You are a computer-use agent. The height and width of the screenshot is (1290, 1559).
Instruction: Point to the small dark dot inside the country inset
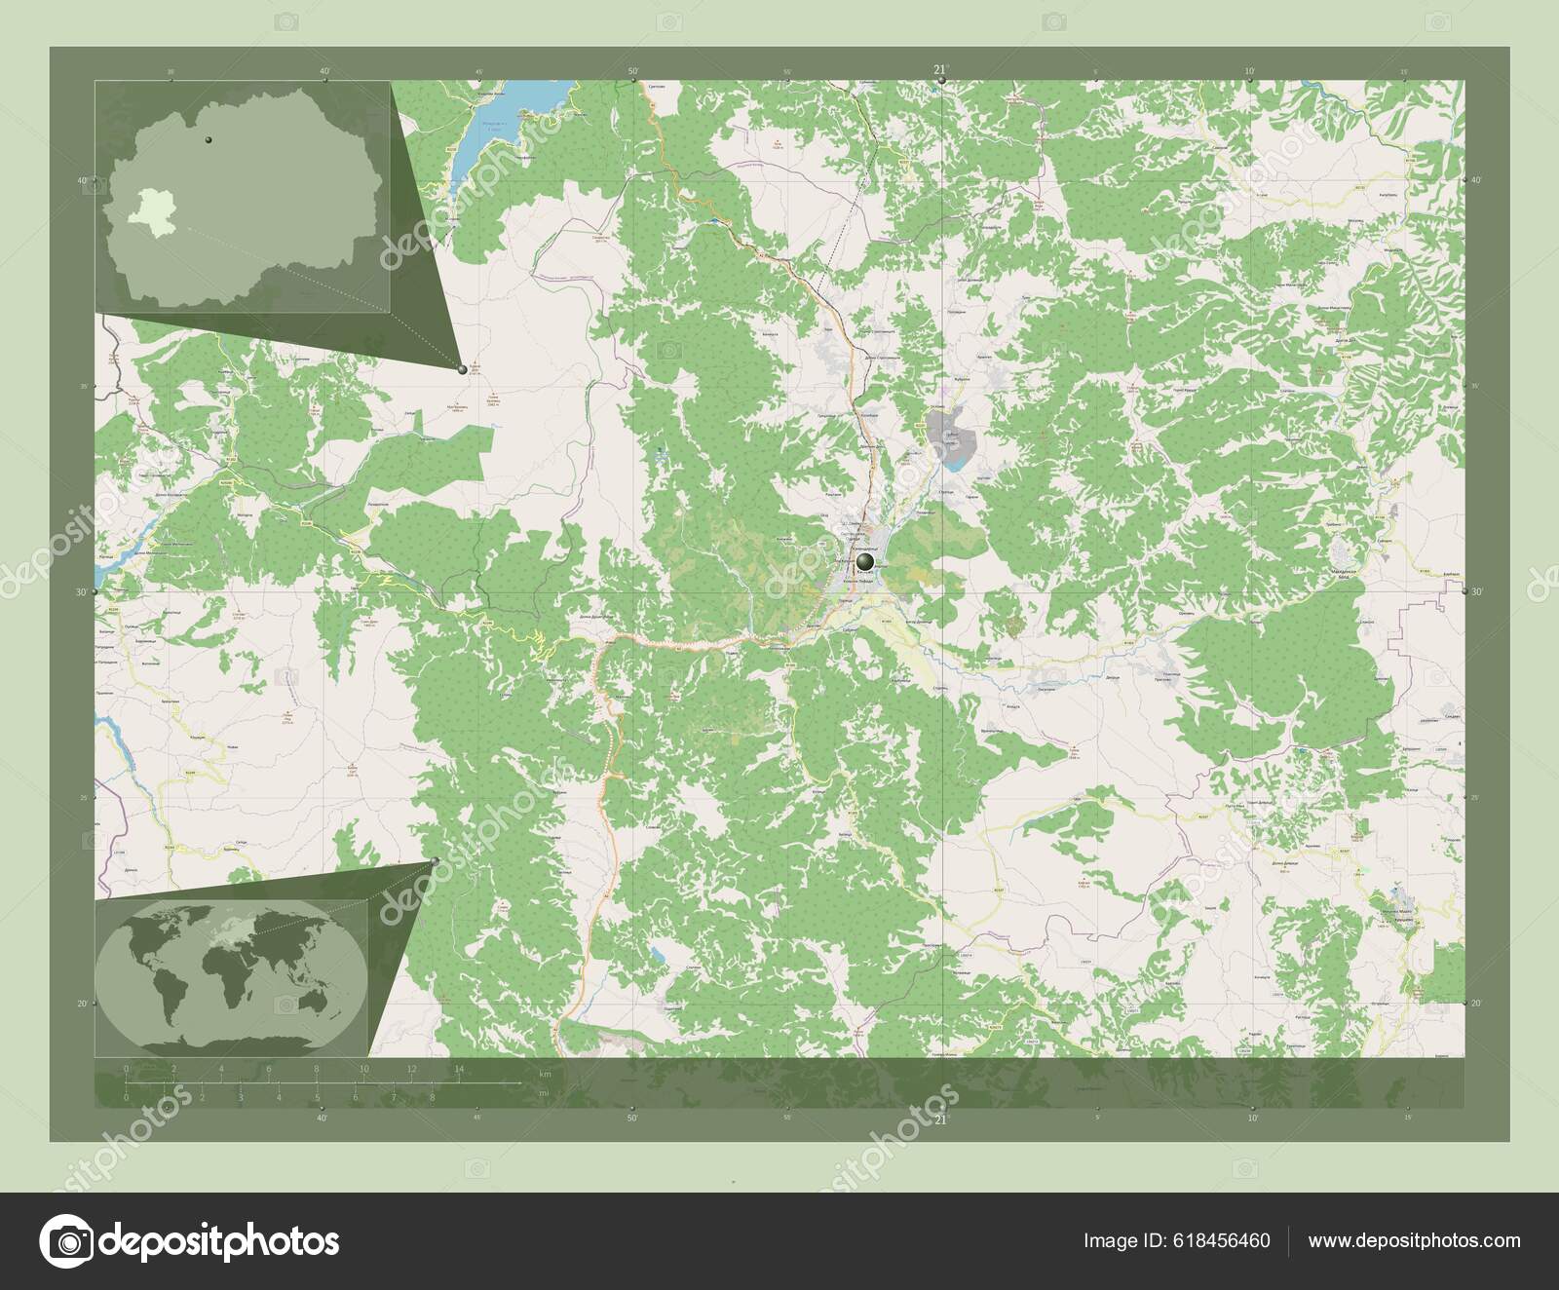208,142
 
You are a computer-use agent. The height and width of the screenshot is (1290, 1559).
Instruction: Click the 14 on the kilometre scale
458,1070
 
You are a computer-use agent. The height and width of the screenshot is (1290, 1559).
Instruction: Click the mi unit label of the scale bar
542,1094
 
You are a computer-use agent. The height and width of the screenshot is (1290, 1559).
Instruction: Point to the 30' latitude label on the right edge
1475,591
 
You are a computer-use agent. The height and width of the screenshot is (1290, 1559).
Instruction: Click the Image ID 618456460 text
1176,1240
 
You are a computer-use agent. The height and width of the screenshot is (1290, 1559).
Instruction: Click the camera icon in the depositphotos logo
70,1241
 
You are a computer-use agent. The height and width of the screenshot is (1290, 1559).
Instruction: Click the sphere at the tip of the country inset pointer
462,368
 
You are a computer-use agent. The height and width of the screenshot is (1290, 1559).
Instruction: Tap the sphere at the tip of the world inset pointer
434,861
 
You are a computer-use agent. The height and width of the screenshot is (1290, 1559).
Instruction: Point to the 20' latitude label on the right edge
1475,1003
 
